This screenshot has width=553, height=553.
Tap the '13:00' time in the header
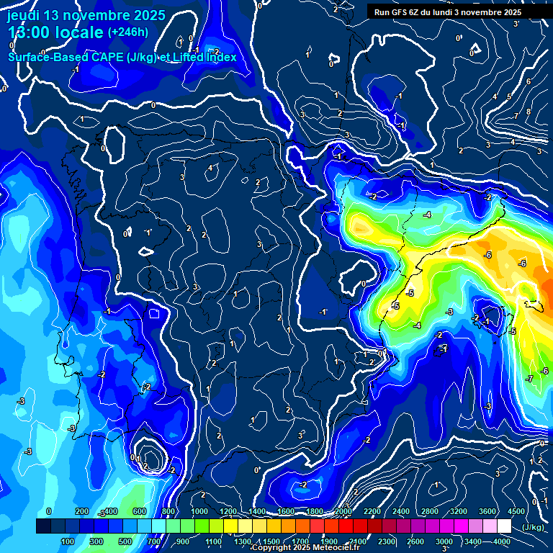pos(31,32)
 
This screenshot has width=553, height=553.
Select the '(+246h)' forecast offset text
pos(127,32)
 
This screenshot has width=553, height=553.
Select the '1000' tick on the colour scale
pos(199,511)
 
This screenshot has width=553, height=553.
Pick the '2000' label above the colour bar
pos(343,511)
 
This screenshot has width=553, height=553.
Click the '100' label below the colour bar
pos(68,541)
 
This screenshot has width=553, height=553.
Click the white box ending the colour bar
pos(504,526)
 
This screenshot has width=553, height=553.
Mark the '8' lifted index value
pos(528,111)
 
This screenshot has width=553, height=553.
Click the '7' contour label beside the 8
pos(516,116)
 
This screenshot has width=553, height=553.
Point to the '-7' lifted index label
pos(529,379)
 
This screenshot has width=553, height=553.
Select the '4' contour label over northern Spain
pos(210,168)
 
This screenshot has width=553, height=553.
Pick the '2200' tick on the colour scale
pos(372,511)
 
